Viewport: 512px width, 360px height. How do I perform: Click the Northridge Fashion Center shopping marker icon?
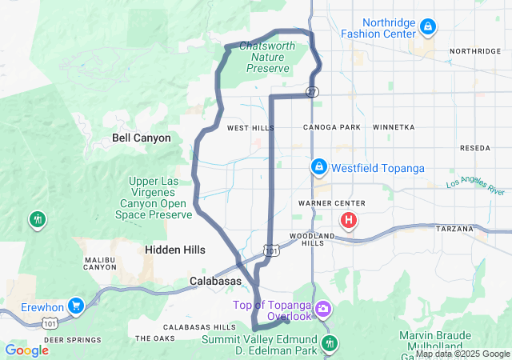coord(428,27)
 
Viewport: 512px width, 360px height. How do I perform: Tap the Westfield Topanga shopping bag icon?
coord(318,166)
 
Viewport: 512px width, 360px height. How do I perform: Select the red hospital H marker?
coord(350,219)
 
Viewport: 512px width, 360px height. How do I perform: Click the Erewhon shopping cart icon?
coord(76,305)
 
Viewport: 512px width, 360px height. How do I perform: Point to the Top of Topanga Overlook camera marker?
coord(323,308)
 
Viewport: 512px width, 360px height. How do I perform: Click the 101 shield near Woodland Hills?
coord(272,251)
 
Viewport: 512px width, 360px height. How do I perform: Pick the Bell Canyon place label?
coord(142,138)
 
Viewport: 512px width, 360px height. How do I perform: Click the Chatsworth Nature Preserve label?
coord(267,57)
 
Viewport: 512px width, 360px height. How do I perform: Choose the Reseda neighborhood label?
coord(475,149)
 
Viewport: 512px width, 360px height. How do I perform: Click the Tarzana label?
coord(455,229)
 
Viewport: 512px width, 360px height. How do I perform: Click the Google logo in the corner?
coord(27,350)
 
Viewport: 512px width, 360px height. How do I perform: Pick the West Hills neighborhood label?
coord(250,128)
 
